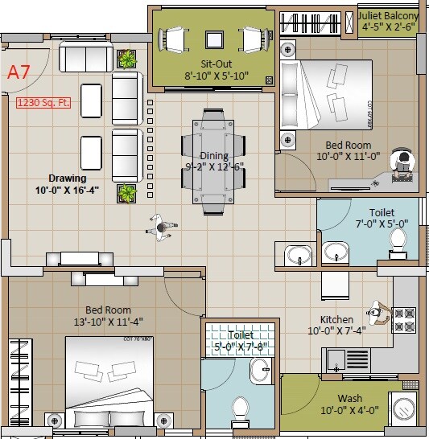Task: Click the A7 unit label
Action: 19,71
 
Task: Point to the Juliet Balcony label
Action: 389,16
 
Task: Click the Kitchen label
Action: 336,319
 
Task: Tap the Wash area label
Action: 349,399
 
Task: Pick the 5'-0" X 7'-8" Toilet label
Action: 241,334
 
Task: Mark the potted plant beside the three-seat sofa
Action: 127,59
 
